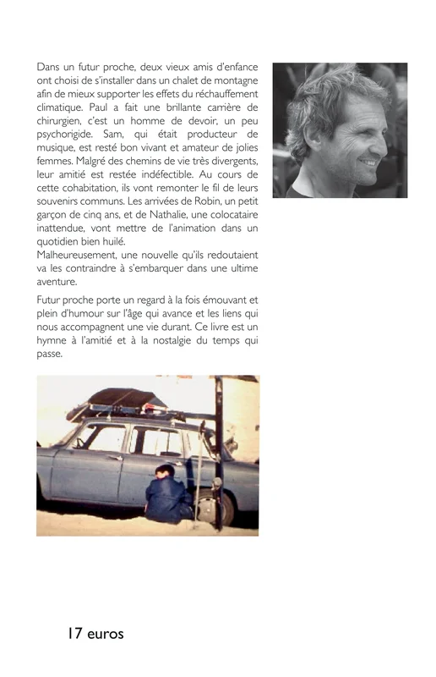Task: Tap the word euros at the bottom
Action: tap(106, 634)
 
